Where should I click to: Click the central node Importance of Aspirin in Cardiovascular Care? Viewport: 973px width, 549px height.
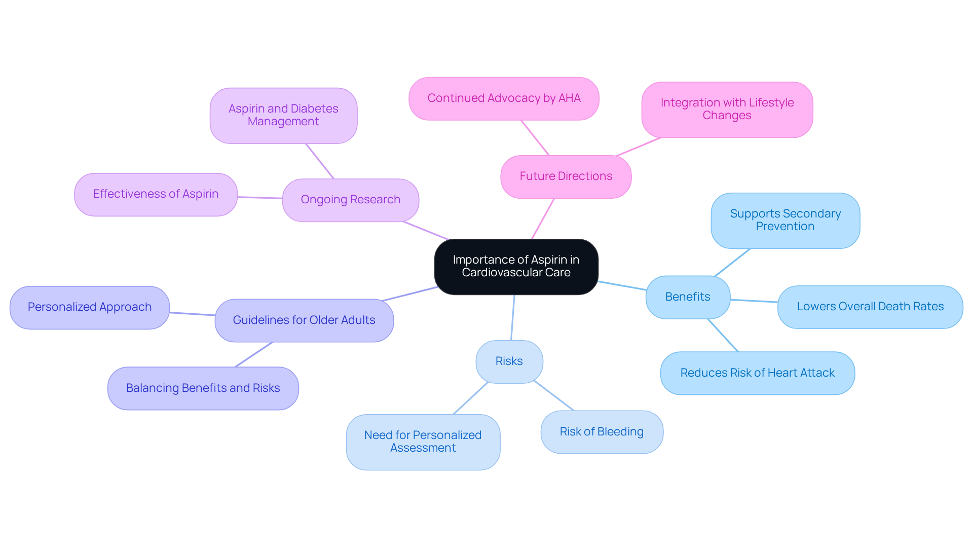(516, 267)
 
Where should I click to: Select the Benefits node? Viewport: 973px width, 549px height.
(688, 297)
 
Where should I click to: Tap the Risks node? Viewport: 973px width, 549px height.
(509, 361)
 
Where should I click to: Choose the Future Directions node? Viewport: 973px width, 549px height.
(566, 176)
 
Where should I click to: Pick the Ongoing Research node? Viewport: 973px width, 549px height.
(350, 200)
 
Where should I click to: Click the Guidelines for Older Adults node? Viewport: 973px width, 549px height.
(304, 320)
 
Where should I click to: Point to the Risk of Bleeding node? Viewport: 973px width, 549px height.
(602, 432)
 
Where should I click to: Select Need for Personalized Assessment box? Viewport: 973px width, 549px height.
(423, 442)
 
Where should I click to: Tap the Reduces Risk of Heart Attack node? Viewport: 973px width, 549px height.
(757, 373)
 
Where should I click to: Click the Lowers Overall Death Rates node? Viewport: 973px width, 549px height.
(870, 307)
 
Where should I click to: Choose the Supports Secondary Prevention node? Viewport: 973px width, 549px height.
(785, 221)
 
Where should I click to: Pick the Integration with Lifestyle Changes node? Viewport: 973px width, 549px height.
(727, 109)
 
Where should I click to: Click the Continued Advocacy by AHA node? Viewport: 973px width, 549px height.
(504, 98)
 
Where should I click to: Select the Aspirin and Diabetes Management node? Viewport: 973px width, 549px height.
(283, 116)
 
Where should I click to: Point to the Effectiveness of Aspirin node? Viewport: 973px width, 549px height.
(156, 194)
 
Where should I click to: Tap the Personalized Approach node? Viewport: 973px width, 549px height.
(90, 307)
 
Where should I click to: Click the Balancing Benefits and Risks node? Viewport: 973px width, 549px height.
(203, 388)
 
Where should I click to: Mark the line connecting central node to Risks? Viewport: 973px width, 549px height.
(513, 318)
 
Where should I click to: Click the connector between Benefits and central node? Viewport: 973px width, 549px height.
(622, 285)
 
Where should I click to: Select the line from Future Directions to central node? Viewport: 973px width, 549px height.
(543, 219)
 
